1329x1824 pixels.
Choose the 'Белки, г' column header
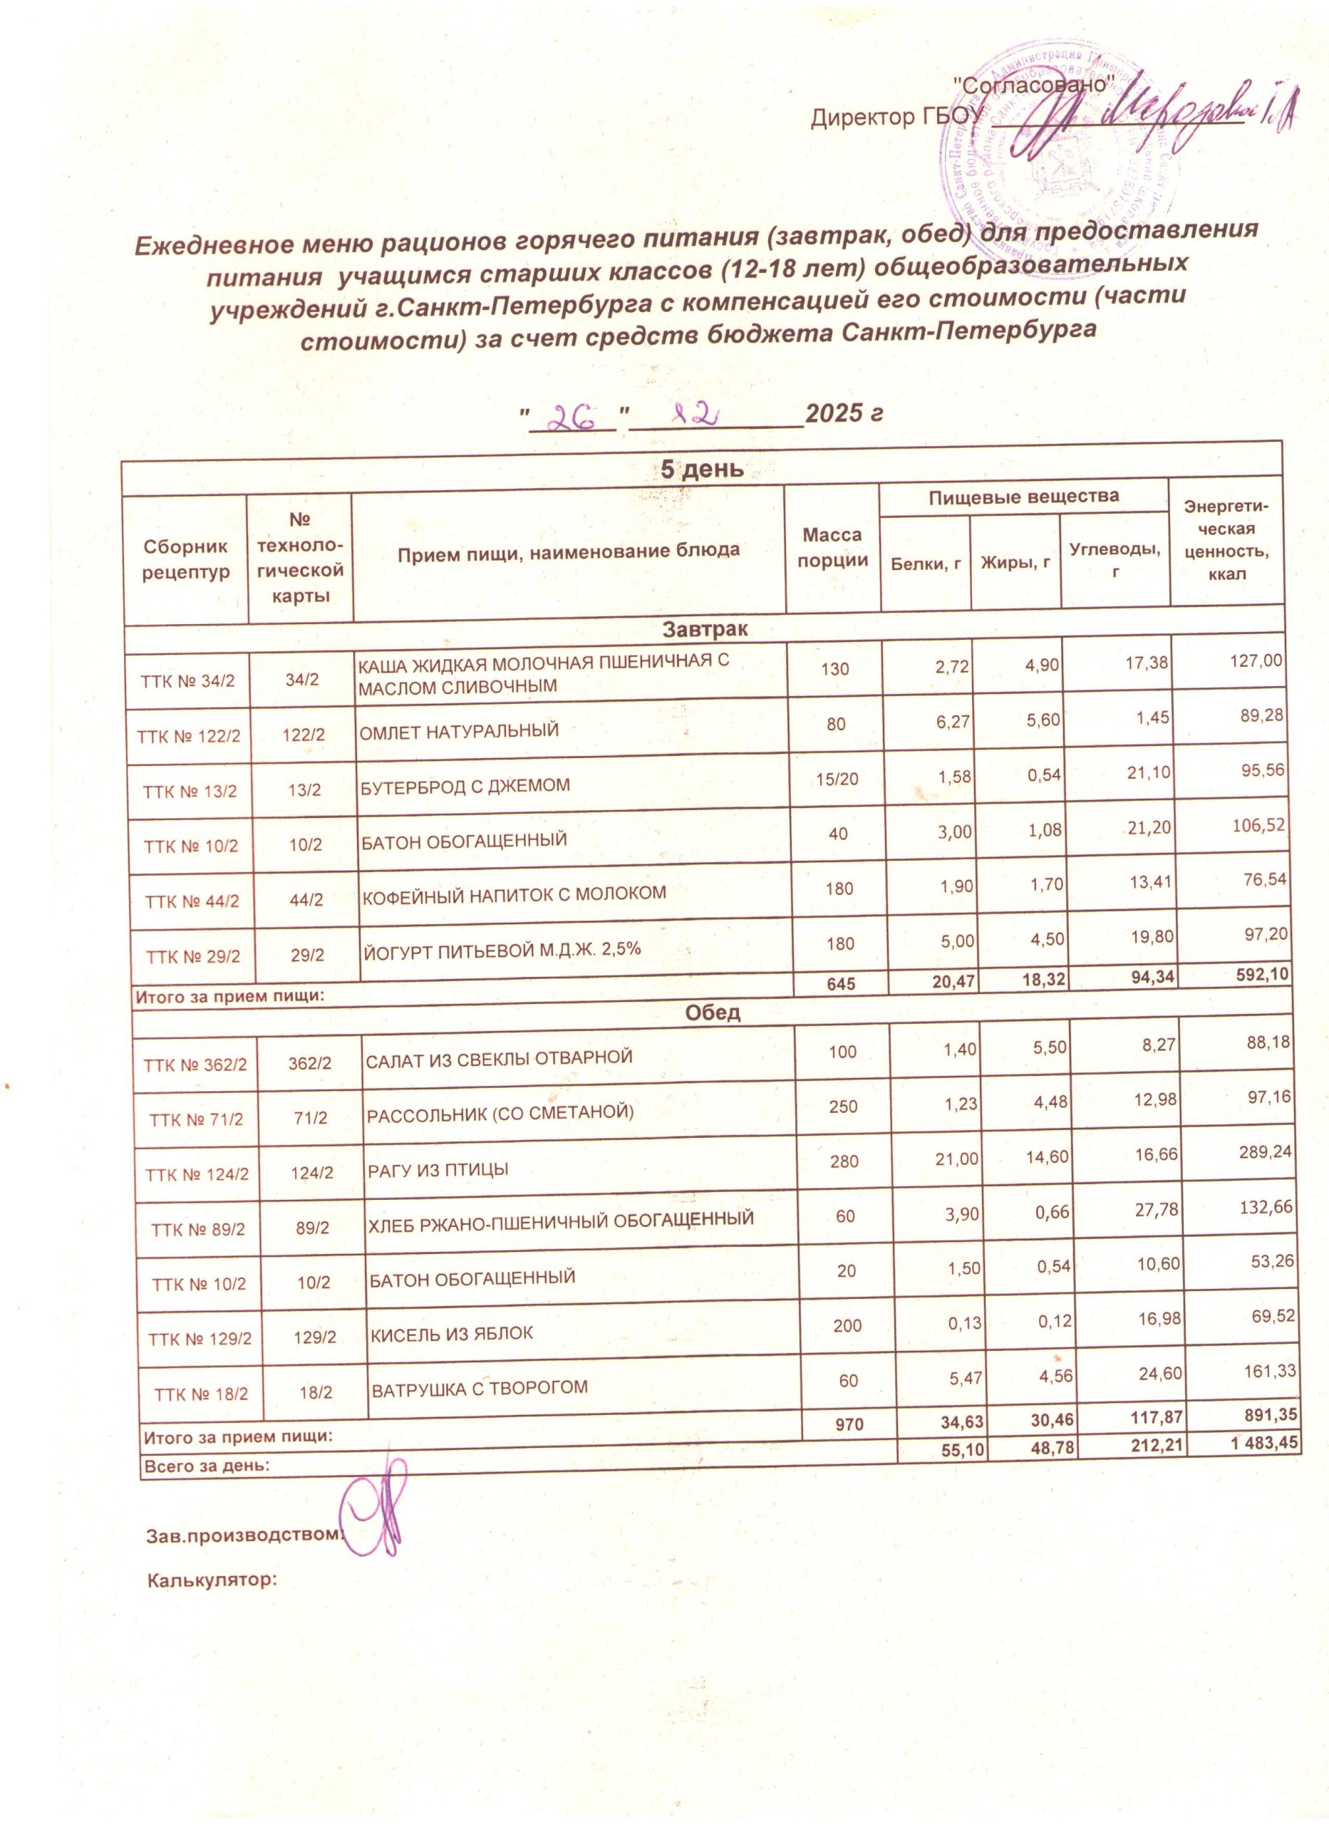coord(926,564)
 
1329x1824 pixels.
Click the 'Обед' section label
coord(712,1012)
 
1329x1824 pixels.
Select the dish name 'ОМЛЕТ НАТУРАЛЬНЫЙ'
coord(457,731)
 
